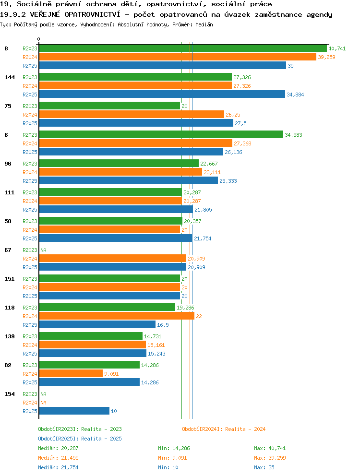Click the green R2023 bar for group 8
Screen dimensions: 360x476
[x=183, y=48]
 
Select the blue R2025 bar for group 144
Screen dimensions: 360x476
[x=162, y=95]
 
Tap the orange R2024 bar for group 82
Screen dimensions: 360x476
[x=71, y=374]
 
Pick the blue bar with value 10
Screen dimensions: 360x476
[x=74, y=411]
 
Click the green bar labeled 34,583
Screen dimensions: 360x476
[x=161, y=135]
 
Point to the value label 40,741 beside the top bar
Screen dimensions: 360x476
[x=337, y=48]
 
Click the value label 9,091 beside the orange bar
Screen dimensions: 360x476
[x=111, y=374]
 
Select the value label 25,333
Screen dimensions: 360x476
[x=228, y=181]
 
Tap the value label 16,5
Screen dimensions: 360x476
[x=163, y=325]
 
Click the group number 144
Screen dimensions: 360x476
[x=10, y=77]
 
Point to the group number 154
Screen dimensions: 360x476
[x=10, y=394]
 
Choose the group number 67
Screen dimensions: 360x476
[x=8, y=250]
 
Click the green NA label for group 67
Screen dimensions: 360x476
[x=44, y=250]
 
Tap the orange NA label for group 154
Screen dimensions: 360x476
[x=44, y=403]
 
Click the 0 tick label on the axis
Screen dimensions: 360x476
[x=38, y=39]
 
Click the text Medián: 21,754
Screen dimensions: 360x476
[x=58, y=467]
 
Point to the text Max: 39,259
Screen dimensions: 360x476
[x=270, y=458]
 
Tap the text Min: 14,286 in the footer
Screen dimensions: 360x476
[x=174, y=448]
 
